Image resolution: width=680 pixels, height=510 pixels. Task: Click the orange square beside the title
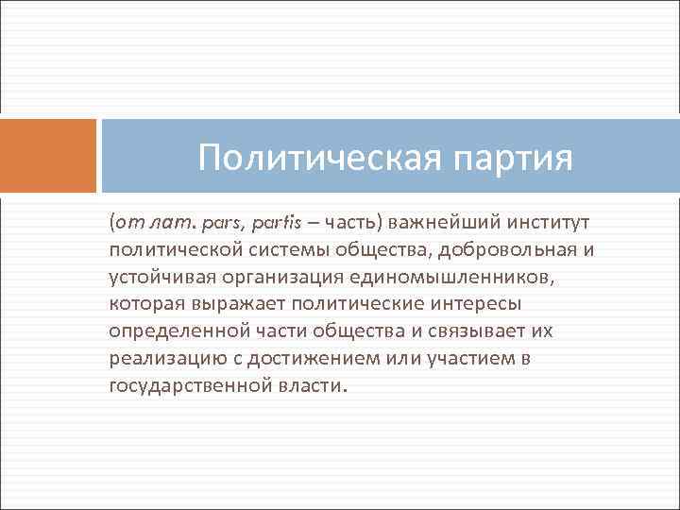tap(48, 155)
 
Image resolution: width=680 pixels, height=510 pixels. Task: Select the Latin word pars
tap(229, 222)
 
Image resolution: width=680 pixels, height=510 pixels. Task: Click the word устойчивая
tap(160, 277)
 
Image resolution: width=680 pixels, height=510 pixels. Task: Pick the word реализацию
tap(157, 359)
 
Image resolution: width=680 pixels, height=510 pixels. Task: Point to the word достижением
tap(297, 359)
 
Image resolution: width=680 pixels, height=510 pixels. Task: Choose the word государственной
tap(187, 386)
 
